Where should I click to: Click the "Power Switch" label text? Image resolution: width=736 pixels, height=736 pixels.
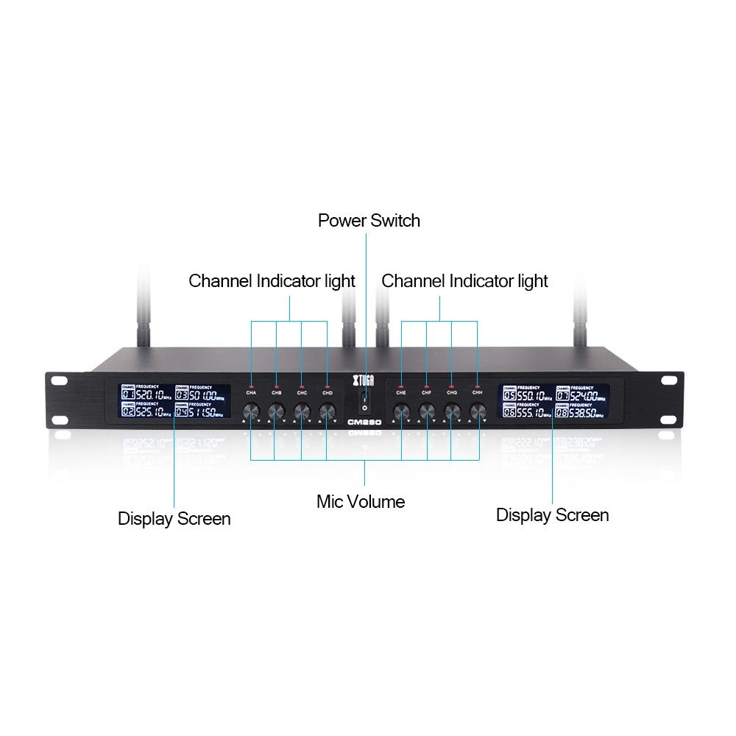click(x=369, y=220)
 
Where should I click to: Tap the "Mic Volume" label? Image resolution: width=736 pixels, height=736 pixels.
click(x=361, y=502)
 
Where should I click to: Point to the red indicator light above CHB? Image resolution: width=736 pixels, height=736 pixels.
click(x=277, y=386)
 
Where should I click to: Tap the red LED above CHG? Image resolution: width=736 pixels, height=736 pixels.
click(x=452, y=386)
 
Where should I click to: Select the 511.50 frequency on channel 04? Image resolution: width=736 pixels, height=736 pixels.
click(x=206, y=413)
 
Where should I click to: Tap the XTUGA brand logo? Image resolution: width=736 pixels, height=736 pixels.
click(x=364, y=379)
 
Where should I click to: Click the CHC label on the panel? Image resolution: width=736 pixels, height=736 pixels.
click(x=302, y=394)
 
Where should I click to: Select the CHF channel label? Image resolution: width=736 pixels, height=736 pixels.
click(x=427, y=394)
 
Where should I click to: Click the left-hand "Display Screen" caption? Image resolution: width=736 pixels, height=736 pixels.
click(x=174, y=519)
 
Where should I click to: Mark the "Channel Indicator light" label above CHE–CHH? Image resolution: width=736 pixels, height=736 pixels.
click(x=464, y=280)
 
